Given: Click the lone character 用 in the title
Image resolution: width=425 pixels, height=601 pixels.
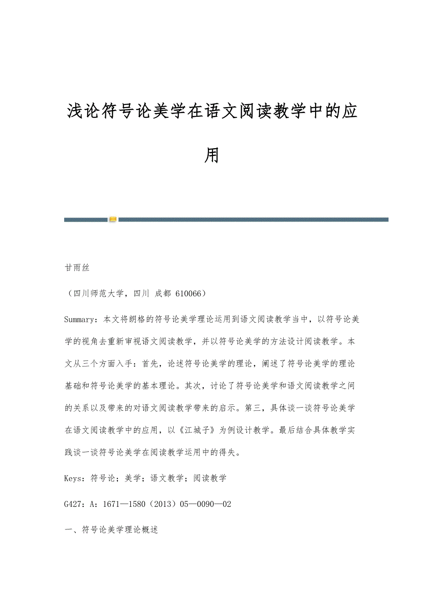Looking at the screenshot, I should click(212, 156).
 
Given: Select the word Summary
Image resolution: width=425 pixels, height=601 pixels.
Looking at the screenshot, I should click(79, 319).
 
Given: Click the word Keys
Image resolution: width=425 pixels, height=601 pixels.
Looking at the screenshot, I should click(73, 478).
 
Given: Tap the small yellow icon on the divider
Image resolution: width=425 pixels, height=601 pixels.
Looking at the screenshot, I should click(113, 219).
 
